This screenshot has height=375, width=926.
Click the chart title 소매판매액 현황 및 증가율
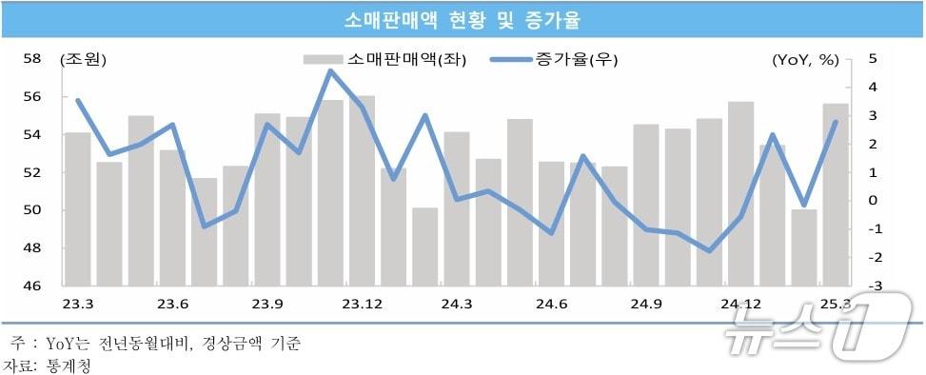point(463,19)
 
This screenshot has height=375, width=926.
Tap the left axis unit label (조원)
point(84,60)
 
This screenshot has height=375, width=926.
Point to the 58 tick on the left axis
point(32,59)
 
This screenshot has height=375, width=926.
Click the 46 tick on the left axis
point(32,286)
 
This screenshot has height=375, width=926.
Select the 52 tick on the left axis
point(32,172)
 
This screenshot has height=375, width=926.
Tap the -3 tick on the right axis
point(873,286)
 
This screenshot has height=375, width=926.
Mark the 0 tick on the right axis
point(873,201)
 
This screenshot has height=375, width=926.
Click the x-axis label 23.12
point(362,304)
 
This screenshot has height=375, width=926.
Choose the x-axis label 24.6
point(552,304)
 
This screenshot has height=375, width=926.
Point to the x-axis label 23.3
point(78,304)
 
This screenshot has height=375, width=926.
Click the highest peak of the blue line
point(330,70)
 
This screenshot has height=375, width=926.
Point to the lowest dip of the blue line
point(709,251)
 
